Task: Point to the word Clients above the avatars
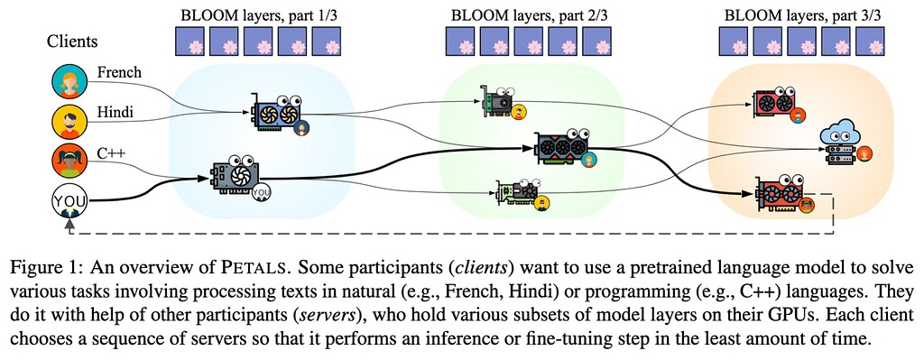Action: click(72, 42)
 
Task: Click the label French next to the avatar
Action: click(119, 72)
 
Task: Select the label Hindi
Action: click(115, 111)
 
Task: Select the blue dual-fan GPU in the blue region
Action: click(278, 115)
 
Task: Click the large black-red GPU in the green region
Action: click(565, 146)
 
